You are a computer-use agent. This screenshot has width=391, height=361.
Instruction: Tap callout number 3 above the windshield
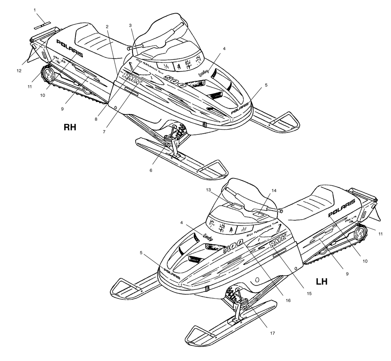pyautogui.click(x=130, y=25)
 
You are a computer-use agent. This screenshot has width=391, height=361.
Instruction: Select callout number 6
pyautogui.click(x=151, y=170)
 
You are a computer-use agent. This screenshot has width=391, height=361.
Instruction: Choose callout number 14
pyautogui.click(x=274, y=191)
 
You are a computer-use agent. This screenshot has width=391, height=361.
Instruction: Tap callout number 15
pyautogui.click(x=309, y=293)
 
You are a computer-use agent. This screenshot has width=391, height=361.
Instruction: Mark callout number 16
pyautogui.click(x=289, y=301)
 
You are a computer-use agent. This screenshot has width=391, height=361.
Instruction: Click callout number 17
pyautogui.click(x=273, y=333)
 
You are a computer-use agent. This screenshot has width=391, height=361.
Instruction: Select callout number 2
pyautogui.click(x=106, y=26)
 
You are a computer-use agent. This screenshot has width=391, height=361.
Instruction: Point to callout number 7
pyautogui.click(x=104, y=132)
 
